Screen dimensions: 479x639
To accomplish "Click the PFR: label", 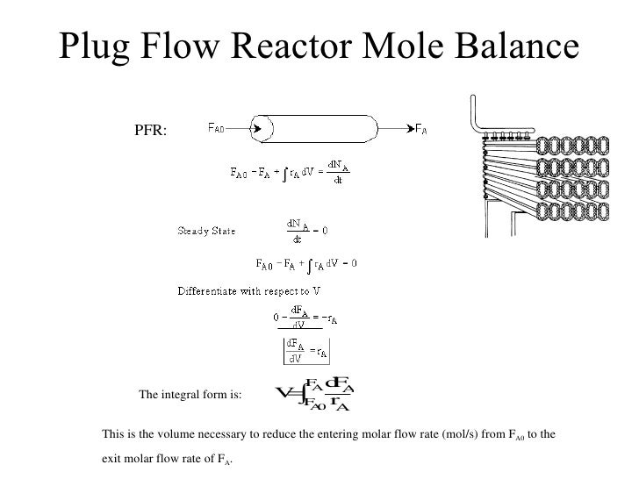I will (155, 132).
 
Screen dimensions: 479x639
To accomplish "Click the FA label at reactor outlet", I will (420, 128).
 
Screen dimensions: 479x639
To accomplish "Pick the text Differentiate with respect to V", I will (248, 290).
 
